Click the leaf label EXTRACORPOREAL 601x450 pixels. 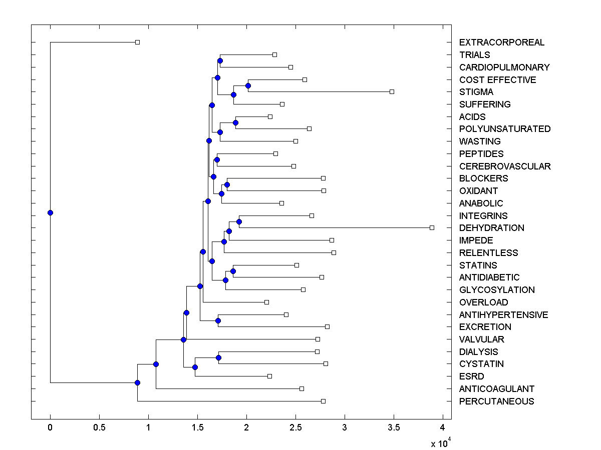pyautogui.click(x=501, y=42)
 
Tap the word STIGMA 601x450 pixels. pyautogui.click(x=476, y=92)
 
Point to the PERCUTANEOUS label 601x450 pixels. pyautogui.click(x=496, y=401)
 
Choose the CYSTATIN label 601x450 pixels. pyautogui.click(x=481, y=364)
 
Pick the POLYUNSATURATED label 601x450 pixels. pyautogui.click(x=504, y=129)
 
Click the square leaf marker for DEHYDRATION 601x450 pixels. pyautogui.click(x=432, y=227)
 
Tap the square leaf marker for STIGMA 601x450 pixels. pyautogui.click(x=392, y=91)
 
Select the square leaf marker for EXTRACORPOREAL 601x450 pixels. pyautogui.click(x=137, y=42)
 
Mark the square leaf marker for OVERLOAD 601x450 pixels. pyautogui.click(x=266, y=302)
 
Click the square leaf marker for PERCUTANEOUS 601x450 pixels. pyautogui.click(x=323, y=401)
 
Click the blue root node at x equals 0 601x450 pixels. pyautogui.click(x=50, y=212)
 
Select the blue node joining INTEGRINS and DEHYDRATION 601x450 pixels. pyautogui.click(x=239, y=221)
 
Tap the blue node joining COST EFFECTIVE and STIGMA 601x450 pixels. pyautogui.click(x=248, y=85)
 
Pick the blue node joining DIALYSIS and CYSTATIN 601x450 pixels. pyautogui.click(x=218, y=357)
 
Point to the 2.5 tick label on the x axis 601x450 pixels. pyautogui.click(x=295, y=427)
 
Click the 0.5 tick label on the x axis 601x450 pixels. pyautogui.click(x=99, y=427)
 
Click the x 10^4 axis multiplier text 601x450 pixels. pyautogui.click(x=441, y=442)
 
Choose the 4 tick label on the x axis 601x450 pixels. pyautogui.click(x=442, y=427)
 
